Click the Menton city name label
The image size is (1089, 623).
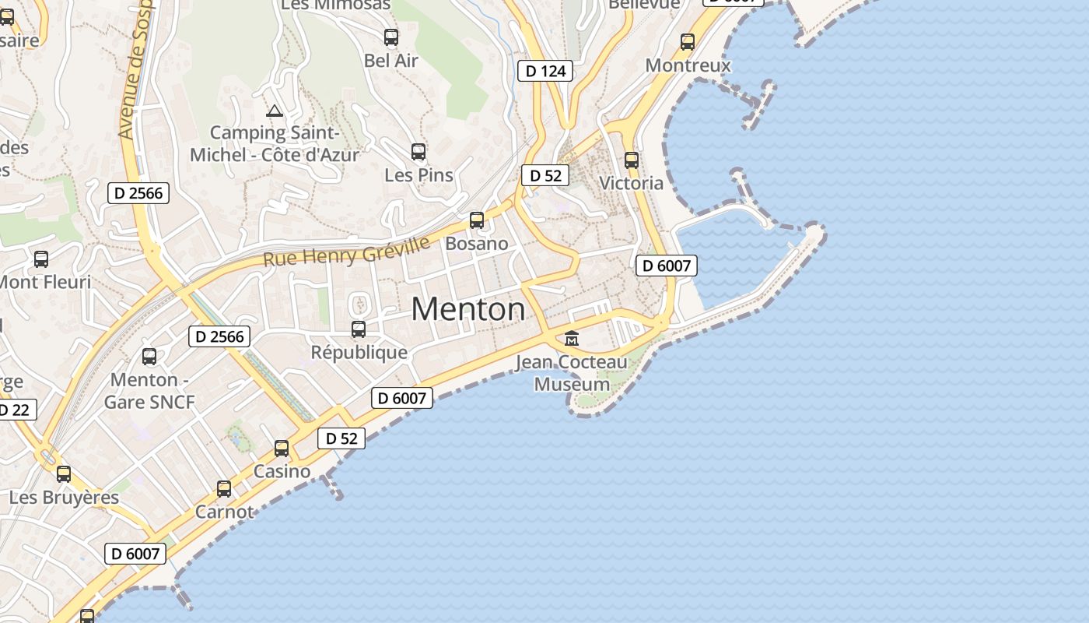pos(468,310)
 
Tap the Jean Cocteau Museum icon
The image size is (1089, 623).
pos(572,338)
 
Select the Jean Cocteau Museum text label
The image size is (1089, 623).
pos(572,373)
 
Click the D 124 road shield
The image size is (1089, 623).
pos(545,71)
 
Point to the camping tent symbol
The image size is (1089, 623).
pos(274,111)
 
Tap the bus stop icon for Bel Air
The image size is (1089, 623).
pos(391,37)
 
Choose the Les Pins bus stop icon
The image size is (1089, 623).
pos(418,151)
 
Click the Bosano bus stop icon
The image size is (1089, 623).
pos(477,220)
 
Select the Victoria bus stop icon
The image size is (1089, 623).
pos(632,160)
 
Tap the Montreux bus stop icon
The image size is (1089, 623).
pos(688,41)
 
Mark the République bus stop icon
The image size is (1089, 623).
pos(359,329)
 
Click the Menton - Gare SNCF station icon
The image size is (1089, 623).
pos(149,357)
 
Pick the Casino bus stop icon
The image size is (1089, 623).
pos(282,449)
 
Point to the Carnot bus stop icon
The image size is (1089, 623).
pos(224,489)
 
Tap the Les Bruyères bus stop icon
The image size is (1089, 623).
pos(64,473)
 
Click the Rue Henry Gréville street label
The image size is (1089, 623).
pos(346,252)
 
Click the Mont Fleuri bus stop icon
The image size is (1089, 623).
pos(41,259)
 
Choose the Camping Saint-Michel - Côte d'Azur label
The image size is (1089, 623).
pos(275,143)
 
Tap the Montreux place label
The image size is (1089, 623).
pos(688,65)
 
